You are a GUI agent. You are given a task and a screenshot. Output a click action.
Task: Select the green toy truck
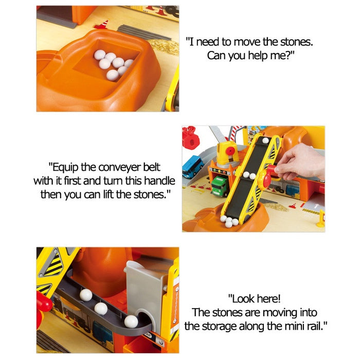(x=220, y=186)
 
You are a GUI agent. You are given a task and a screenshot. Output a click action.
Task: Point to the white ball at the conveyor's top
(x=266, y=140)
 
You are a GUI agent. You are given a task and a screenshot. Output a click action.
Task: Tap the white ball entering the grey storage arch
(x=131, y=321)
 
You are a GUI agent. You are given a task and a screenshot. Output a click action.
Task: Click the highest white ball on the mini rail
(x=86, y=295)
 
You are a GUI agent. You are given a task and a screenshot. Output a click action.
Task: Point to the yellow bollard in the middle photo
(x=321, y=219)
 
